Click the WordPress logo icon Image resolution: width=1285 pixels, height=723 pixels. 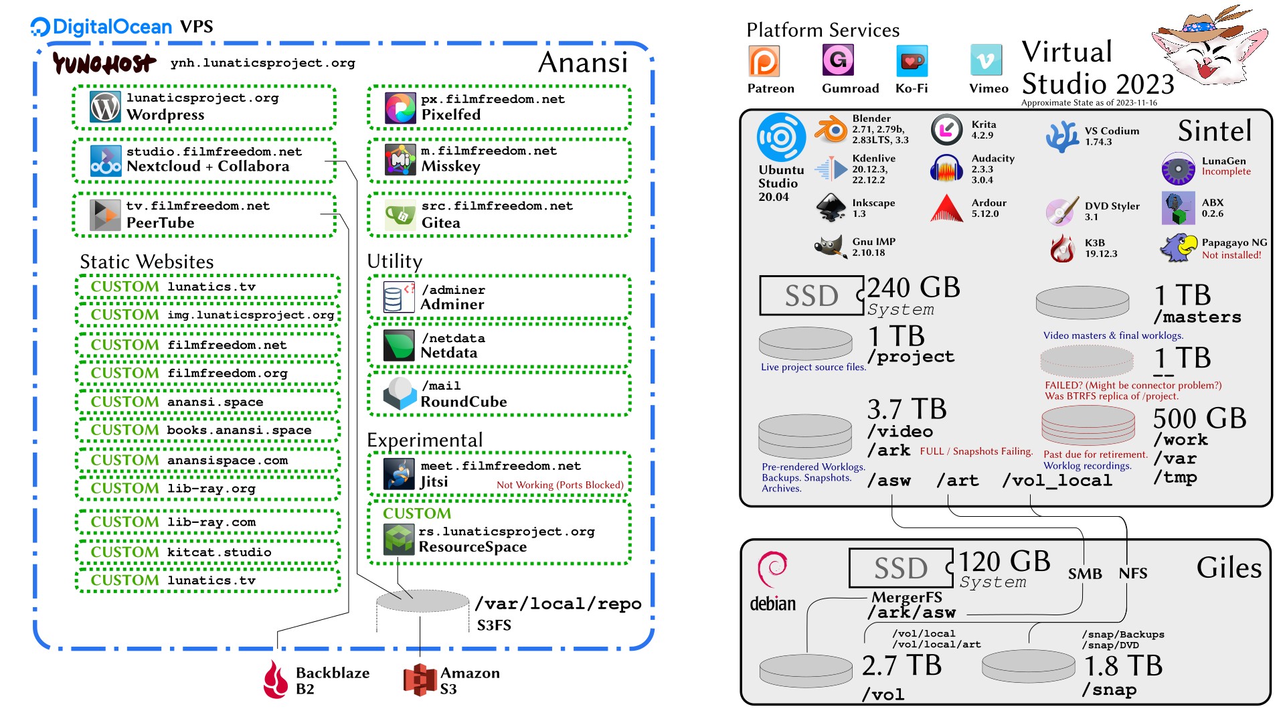105,106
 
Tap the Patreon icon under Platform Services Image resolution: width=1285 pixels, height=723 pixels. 764,62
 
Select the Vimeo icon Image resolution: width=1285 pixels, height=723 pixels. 986,62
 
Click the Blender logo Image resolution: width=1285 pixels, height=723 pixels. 831,129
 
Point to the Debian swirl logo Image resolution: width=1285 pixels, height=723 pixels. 772,569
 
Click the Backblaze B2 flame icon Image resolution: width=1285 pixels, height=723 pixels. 275,679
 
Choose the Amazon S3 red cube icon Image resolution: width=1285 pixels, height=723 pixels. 420,679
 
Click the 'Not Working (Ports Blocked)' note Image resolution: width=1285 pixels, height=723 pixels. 560,485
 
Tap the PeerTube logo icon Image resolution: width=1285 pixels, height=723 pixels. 105,215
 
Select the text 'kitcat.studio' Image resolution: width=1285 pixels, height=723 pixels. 219,552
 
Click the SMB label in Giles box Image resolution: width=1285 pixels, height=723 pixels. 1084,574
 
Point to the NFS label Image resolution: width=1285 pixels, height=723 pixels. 1132,574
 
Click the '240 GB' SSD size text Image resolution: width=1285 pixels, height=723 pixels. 914,288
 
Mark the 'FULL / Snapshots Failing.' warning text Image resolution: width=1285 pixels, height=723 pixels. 976,451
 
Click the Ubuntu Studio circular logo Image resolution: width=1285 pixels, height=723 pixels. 781,137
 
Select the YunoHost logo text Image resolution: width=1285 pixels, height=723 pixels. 104,64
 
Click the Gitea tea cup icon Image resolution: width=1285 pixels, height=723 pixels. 400,215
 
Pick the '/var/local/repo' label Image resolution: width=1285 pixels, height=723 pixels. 558,604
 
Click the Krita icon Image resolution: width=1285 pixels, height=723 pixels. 946,130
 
